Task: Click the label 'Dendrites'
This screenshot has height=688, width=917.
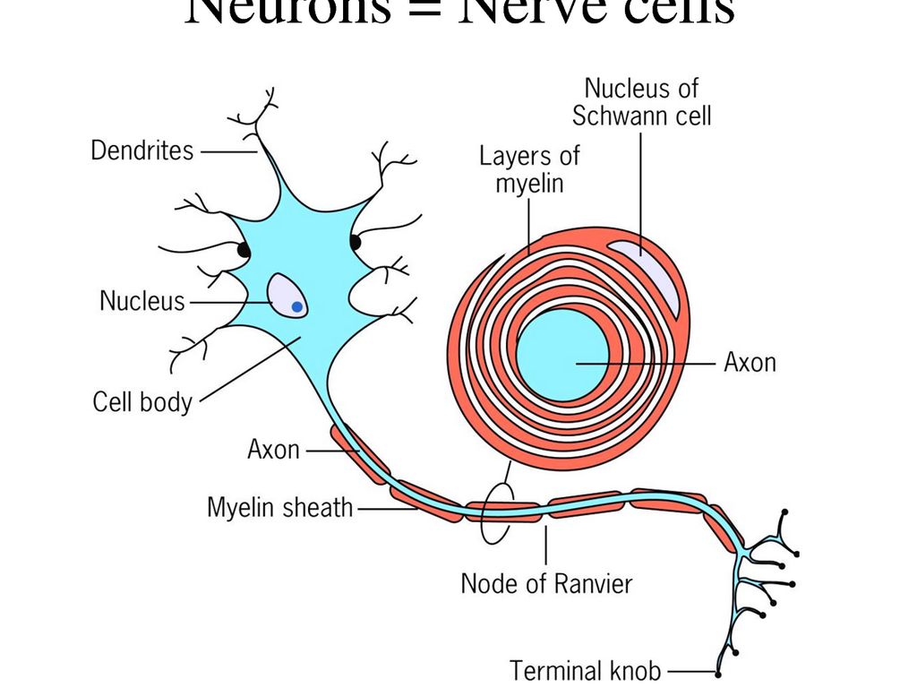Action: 142,150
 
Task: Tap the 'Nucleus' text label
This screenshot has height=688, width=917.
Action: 141,301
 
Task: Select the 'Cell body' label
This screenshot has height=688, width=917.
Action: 142,401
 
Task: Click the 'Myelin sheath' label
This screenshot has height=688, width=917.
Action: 280,508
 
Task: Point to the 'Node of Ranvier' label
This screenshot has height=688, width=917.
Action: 546,584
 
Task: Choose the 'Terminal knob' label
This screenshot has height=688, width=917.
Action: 586,670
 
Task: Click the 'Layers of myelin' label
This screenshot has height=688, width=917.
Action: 529,168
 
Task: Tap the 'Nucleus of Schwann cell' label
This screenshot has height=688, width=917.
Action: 641,101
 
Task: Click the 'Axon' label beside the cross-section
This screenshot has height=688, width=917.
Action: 750,363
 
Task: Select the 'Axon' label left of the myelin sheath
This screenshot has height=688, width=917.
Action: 273,449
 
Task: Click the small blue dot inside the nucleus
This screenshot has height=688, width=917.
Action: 297,307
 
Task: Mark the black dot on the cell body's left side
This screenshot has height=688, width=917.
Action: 243,251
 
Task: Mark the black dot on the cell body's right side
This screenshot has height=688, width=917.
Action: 356,242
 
